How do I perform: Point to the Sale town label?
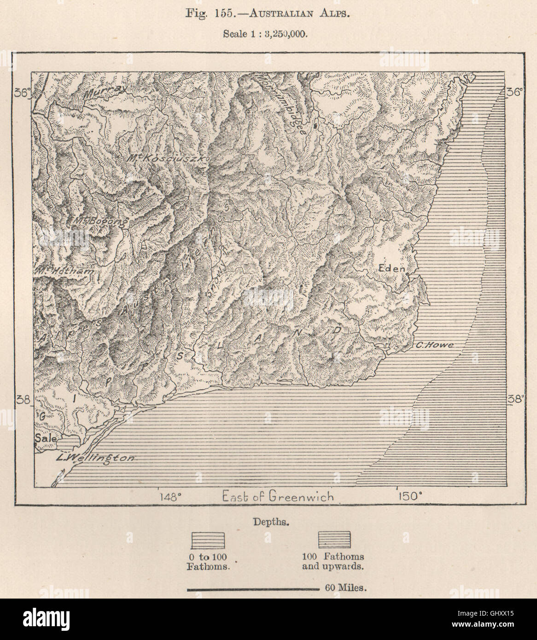pyautogui.click(x=45, y=439)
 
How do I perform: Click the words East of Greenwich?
pyautogui.click(x=278, y=497)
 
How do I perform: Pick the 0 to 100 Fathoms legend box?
pyautogui.click(x=209, y=539)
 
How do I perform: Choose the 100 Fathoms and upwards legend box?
pyautogui.click(x=334, y=539)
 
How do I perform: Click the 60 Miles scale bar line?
pyautogui.click(x=253, y=588)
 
